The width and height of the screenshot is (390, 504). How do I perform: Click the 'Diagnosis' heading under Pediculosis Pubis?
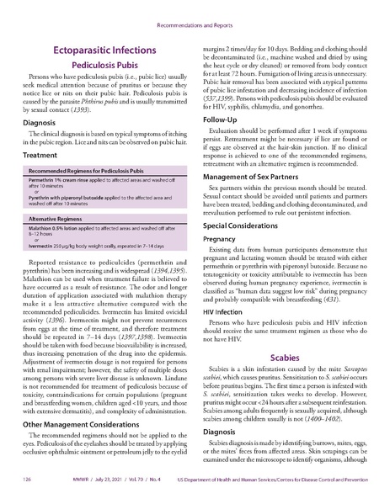click(x=39, y=120)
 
